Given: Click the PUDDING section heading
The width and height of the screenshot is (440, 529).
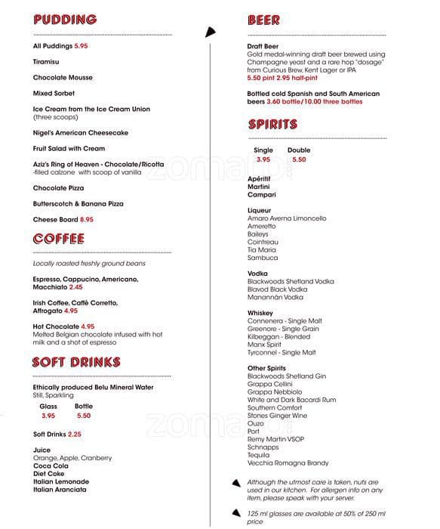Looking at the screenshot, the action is [x=65, y=20].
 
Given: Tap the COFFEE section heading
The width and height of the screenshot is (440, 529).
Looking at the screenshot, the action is [x=59, y=240].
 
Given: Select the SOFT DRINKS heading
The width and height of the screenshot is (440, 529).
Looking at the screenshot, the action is [x=76, y=363].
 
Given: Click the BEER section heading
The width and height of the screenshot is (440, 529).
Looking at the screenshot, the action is [x=263, y=20].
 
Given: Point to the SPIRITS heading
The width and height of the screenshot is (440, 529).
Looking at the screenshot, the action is [x=272, y=125].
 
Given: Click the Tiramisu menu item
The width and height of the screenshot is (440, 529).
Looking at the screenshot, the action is [x=47, y=62].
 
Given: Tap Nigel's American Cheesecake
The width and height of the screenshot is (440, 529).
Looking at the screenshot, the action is [x=81, y=133].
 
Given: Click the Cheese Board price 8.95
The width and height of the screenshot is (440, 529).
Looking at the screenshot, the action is [x=87, y=219].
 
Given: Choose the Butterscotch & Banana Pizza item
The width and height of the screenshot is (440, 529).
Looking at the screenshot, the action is [x=78, y=204].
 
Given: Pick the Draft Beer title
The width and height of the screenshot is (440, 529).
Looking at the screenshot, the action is [x=263, y=47].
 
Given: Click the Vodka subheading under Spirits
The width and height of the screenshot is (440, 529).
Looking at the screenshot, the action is [x=258, y=274].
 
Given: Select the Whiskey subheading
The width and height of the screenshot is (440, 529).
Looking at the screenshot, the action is [x=260, y=313].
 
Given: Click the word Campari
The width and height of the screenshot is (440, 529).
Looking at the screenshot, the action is [x=262, y=195].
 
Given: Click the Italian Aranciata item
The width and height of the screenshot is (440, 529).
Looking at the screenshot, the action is [x=60, y=490].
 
